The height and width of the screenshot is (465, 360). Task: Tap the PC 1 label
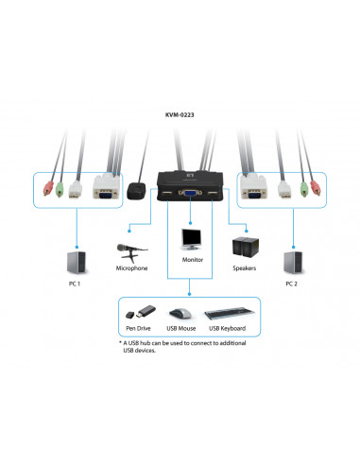tap(76, 284)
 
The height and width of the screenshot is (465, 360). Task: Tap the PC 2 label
tap(294, 284)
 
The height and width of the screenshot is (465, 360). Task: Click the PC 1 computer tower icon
tap(76, 260)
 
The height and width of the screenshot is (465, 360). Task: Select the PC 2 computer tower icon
tap(293, 260)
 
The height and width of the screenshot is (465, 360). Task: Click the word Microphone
tap(131, 268)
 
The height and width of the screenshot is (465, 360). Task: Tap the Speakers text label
tap(245, 268)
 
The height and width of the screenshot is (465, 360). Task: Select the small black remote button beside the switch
tap(139, 189)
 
